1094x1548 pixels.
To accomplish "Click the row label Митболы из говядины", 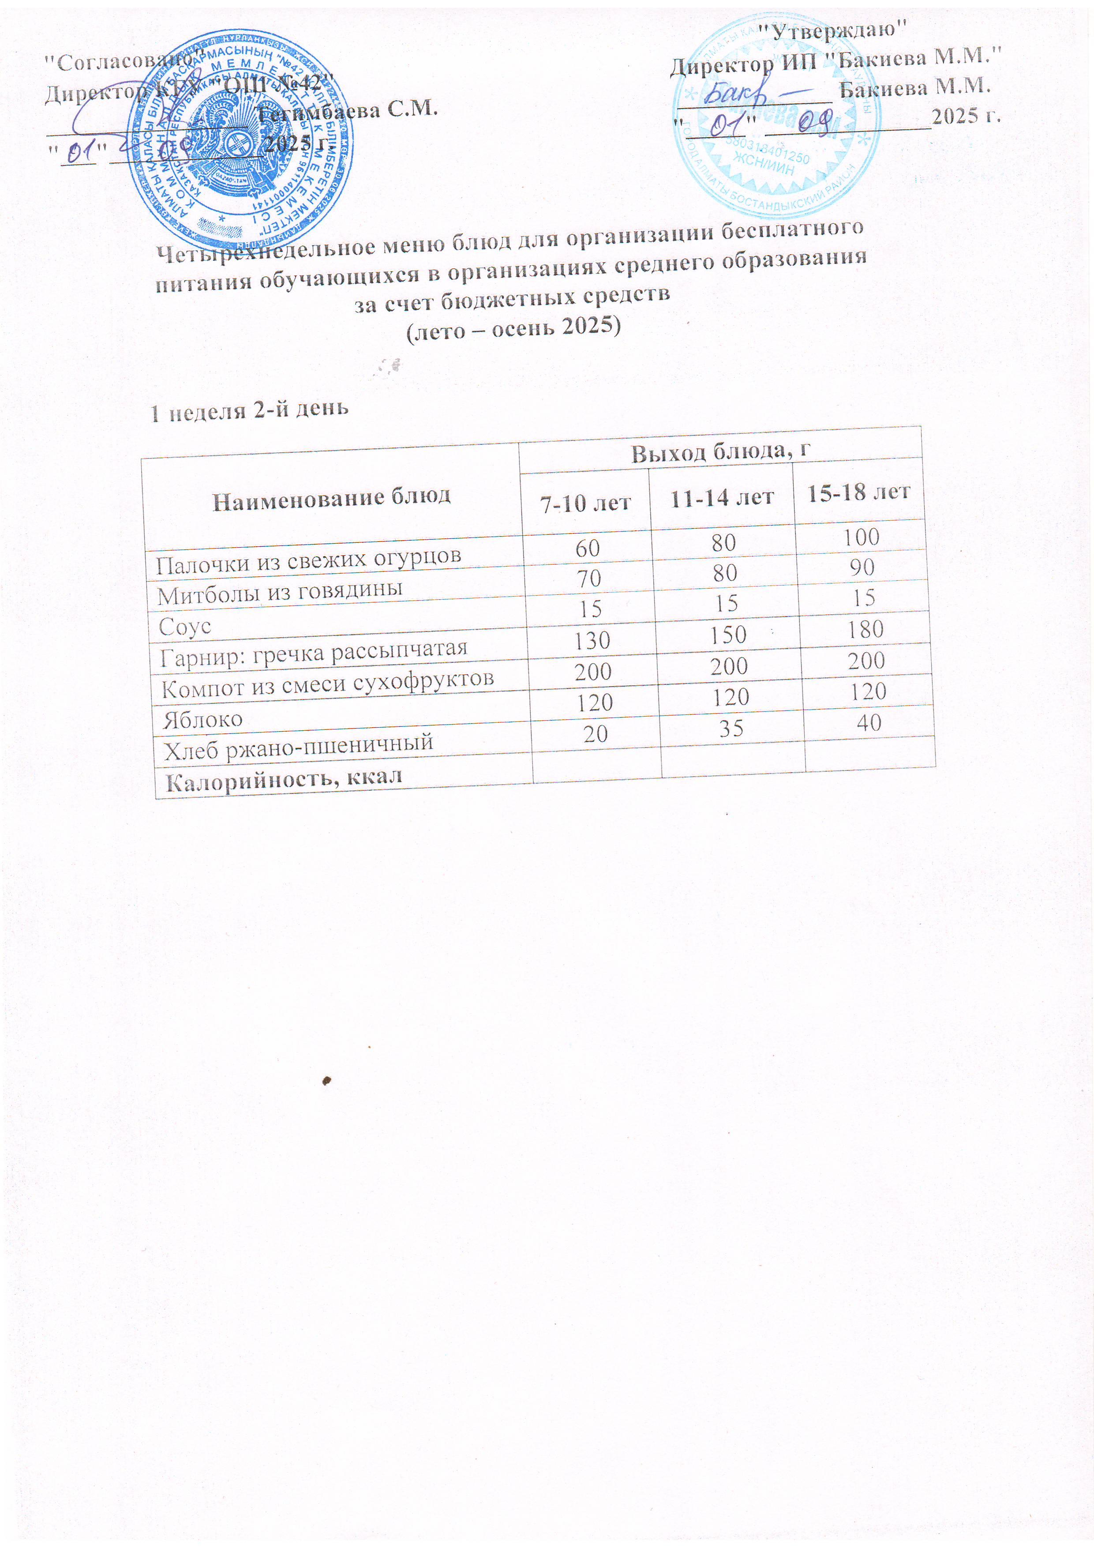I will point(279,592).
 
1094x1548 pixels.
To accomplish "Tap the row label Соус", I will point(185,626).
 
